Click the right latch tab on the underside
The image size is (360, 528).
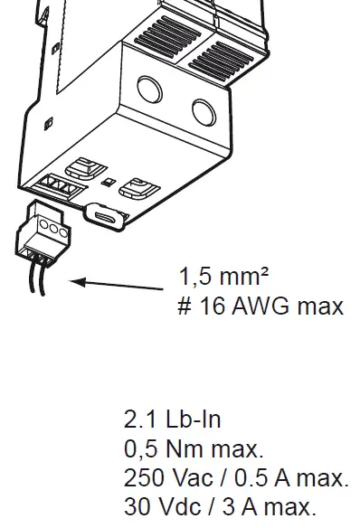tap(142, 186)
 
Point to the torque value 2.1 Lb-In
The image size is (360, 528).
tap(172, 420)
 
